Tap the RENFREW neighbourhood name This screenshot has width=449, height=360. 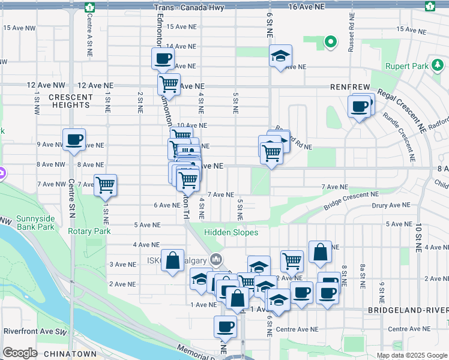point(350,87)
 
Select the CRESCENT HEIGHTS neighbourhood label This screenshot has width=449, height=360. point(70,101)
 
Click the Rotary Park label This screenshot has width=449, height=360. point(89,231)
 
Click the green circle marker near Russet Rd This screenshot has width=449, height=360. point(330,42)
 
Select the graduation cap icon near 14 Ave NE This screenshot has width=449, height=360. point(280,55)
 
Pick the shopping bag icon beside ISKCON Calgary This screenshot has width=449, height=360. point(172,260)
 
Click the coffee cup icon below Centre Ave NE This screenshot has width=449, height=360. point(225,326)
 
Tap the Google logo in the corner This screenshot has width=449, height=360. point(20,353)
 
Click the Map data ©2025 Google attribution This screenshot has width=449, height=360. point(412,355)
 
